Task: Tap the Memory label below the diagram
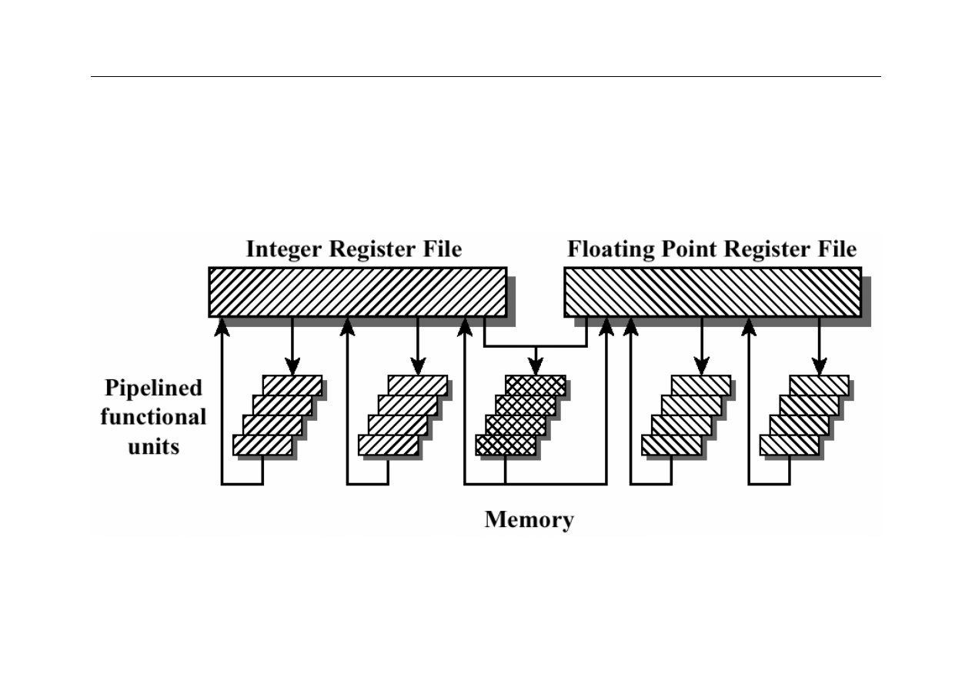coord(529,520)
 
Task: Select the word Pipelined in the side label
coord(153,387)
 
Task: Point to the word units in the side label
coord(153,446)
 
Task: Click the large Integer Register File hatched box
coord(357,292)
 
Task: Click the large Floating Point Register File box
coord(712,292)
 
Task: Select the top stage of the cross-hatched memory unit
coord(535,385)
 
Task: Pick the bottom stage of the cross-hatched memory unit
coord(505,445)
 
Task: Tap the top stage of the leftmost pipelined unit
coord(292,385)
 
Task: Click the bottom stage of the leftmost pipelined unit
coord(262,445)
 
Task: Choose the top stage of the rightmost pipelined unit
coord(819,385)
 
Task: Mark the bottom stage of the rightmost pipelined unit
coord(789,445)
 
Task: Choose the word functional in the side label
coord(153,417)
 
